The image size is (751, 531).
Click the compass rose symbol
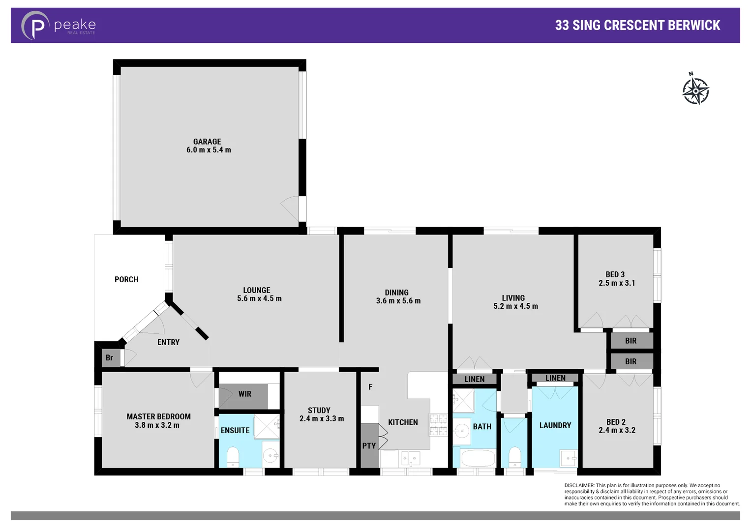point(695,89)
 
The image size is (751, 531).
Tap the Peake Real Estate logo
point(58,26)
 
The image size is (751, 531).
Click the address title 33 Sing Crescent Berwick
point(637,26)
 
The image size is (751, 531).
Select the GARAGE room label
point(207,142)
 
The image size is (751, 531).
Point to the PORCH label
point(126,279)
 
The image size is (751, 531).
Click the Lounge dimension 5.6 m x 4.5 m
point(259,298)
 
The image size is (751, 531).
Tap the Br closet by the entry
point(109,357)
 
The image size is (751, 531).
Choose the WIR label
point(244,394)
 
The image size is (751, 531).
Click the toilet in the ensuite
point(233,456)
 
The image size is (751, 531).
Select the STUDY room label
point(319,410)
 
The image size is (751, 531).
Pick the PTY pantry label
point(369,446)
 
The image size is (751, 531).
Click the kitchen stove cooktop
point(438,425)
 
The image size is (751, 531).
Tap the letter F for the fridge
point(370,387)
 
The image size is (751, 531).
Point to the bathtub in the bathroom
point(478,459)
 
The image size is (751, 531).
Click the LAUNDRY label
point(555,425)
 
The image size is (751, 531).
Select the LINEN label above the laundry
point(555,378)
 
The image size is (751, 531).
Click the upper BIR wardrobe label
point(631,341)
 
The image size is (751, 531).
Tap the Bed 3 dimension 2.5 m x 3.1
point(617,283)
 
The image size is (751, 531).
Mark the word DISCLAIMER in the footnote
point(579,485)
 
